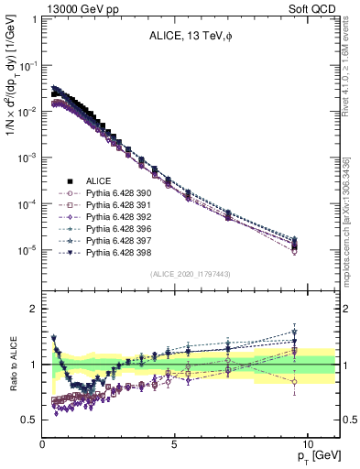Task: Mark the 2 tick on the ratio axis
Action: coord(34,309)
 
